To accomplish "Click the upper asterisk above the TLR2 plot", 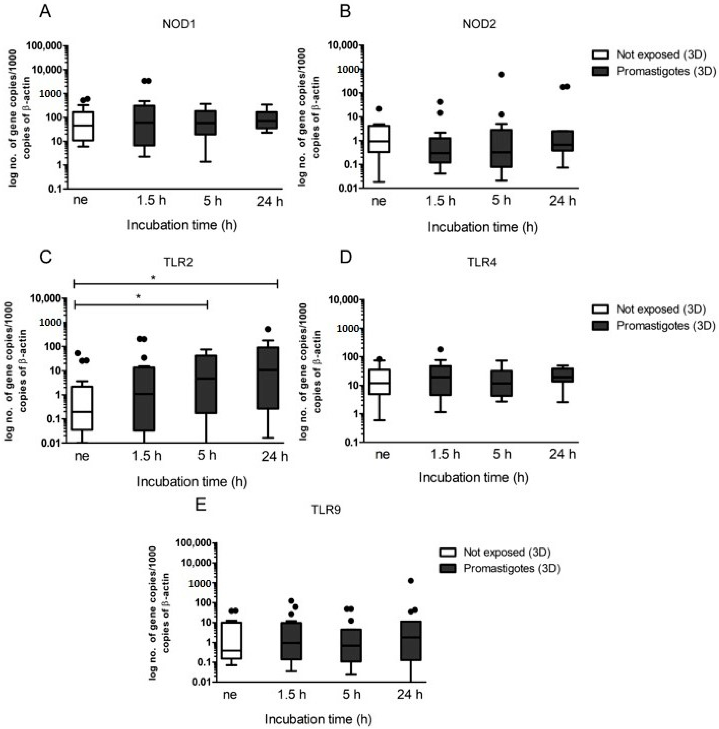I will tap(153, 278).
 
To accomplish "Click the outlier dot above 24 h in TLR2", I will tap(268, 329).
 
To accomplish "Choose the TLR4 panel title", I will tap(482, 262).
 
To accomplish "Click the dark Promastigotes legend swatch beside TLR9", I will tap(448, 568).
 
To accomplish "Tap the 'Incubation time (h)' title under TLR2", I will tap(191, 482).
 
